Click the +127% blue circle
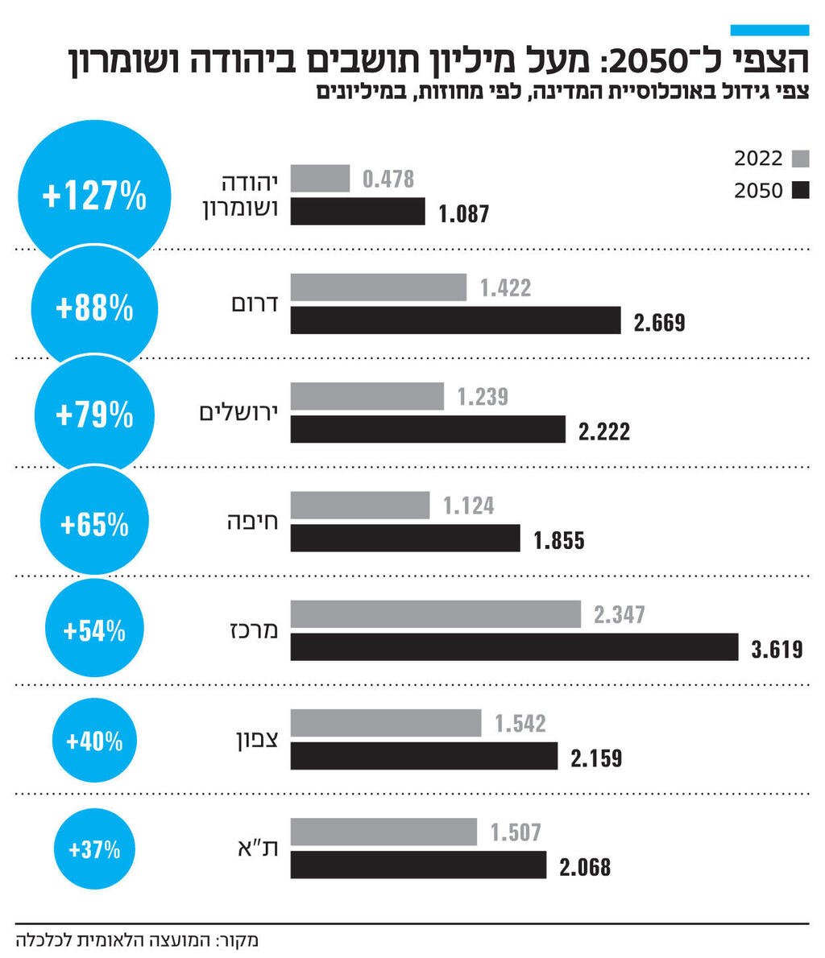(x=94, y=196)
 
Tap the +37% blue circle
(x=94, y=849)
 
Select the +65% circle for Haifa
(x=94, y=525)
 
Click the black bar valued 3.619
(x=514, y=647)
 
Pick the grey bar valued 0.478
(x=320, y=179)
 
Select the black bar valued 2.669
(x=455, y=320)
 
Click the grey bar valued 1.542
(x=385, y=723)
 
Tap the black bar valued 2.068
(x=418, y=865)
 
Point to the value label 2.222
(x=604, y=432)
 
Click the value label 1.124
(x=468, y=506)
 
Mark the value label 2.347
(x=619, y=615)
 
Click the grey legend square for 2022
(x=800, y=157)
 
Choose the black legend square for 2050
(x=800, y=191)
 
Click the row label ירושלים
(x=239, y=412)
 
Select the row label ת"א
(x=259, y=848)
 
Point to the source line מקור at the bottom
(x=136, y=939)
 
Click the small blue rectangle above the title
(x=769, y=31)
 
